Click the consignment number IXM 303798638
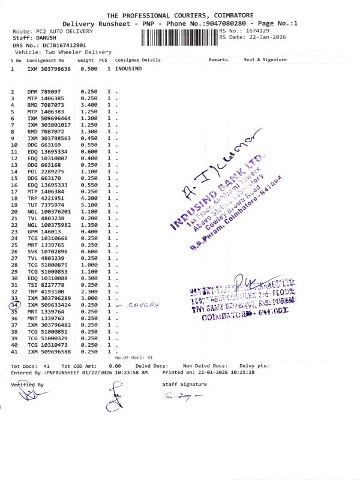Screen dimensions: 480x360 (49, 70)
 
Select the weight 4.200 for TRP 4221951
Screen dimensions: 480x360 (89, 199)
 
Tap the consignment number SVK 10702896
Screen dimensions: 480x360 (49, 251)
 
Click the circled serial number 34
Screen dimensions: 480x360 (15, 305)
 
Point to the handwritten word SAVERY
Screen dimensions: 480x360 (145, 305)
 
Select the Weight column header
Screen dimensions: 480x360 (85, 61)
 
